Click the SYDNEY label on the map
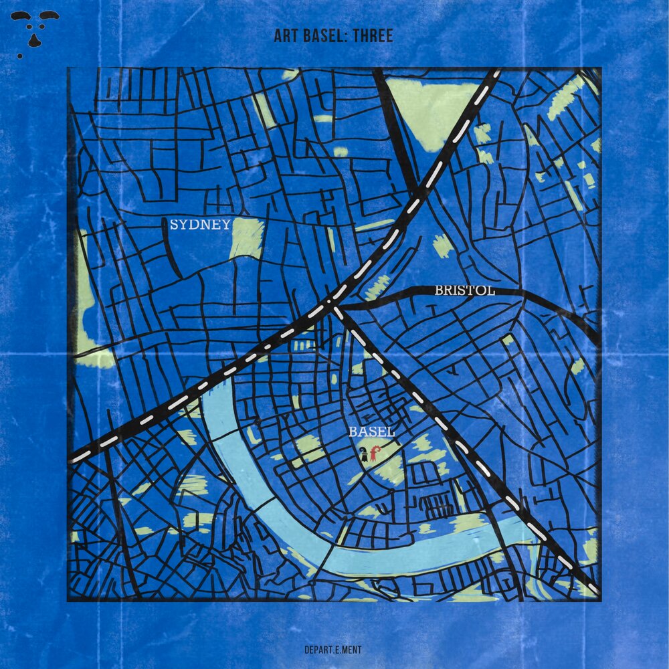coord(200,225)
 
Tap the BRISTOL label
coord(464,290)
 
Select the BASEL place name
coord(371,432)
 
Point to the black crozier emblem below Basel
coord(363,456)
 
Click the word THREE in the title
coord(373,36)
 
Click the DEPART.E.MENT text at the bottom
coord(333,648)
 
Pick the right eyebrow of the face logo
coord(48,15)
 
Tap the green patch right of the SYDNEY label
coord(247,237)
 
